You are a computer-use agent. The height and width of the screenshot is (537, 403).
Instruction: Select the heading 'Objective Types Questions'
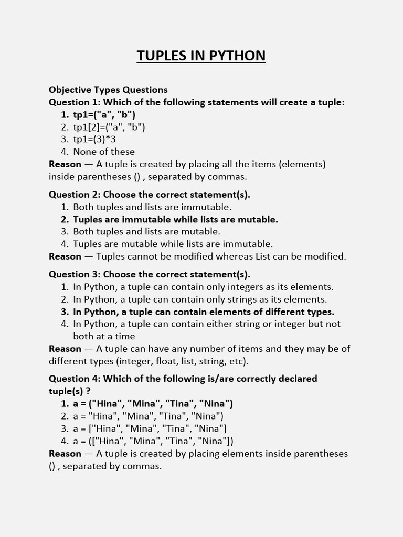click(108, 90)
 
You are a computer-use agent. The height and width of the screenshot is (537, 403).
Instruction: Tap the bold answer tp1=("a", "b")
click(104, 114)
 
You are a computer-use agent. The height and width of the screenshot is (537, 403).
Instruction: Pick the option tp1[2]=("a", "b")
click(109, 127)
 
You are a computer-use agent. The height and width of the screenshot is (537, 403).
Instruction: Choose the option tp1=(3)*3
click(94, 139)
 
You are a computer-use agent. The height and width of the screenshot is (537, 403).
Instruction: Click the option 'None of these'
click(104, 152)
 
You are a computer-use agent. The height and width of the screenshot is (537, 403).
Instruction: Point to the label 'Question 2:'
click(75, 195)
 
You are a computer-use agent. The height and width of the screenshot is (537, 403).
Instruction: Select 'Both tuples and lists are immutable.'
click(152, 207)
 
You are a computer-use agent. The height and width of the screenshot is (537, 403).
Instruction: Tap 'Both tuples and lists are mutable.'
click(146, 231)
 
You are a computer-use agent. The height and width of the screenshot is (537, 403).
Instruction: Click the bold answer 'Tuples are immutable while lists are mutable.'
click(175, 219)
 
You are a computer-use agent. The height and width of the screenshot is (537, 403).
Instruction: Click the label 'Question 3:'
click(75, 274)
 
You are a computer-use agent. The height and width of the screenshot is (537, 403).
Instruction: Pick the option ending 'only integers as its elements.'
click(203, 287)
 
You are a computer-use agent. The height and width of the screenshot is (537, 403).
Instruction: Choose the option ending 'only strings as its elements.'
click(200, 299)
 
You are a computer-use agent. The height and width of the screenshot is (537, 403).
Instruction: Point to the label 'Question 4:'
click(75, 379)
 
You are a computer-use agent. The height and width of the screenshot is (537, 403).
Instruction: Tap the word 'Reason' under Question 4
click(65, 454)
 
